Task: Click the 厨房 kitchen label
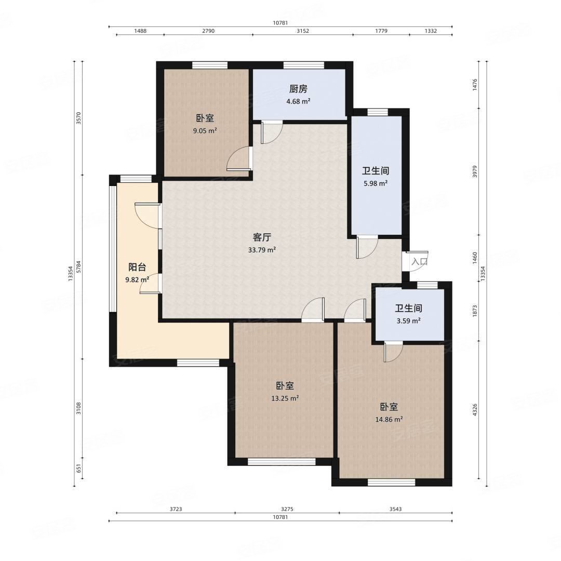point(298,89)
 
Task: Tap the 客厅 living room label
point(262,237)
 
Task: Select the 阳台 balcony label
point(137,267)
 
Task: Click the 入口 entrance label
point(419,261)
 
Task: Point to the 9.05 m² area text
point(205,130)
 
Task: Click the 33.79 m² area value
point(262,250)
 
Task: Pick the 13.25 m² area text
point(285,398)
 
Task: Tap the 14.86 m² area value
point(389,419)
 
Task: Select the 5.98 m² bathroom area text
point(376,183)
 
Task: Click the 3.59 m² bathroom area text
point(408,321)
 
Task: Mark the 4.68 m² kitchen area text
point(298,101)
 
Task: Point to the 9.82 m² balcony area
point(137,279)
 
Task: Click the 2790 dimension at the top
point(208,31)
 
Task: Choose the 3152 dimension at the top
point(303,31)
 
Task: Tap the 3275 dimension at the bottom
point(287,509)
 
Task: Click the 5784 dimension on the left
point(79,267)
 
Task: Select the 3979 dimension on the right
point(475,171)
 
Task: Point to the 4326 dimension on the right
point(475,410)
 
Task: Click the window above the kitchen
point(304,65)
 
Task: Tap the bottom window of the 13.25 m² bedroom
point(282,462)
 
